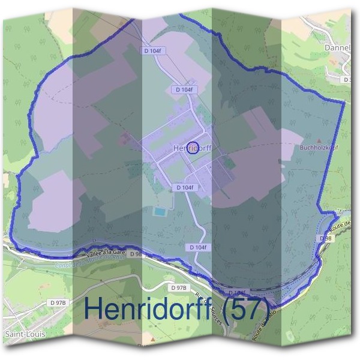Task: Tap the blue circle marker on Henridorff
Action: [193, 148]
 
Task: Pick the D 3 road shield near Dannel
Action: [347, 79]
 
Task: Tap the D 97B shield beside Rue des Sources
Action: [178, 288]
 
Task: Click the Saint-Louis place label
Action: [19, 332]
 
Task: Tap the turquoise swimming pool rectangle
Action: [160, 211]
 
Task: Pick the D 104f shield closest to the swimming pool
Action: [185, 188]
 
